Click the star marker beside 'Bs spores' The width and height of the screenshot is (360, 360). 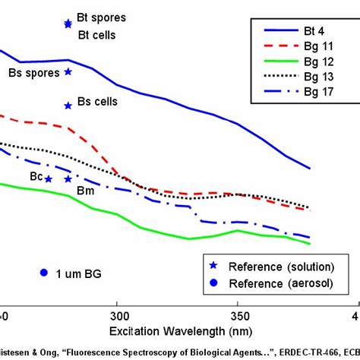coord(68,72)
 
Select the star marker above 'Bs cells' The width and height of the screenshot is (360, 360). coord(68,106)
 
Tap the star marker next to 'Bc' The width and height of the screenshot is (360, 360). coord(49,179)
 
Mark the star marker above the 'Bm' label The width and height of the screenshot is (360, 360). coord(68,179)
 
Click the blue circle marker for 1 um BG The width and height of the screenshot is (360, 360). coord(43,273)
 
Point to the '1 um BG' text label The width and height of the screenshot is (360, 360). coord(80,273)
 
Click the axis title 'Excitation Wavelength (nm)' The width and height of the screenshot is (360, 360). coord(177,331)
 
